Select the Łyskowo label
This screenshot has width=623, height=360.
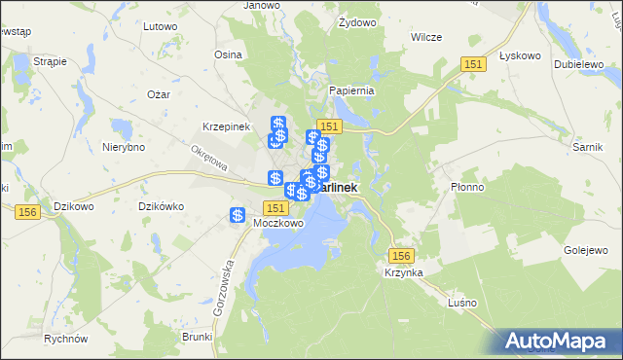coord(519,55)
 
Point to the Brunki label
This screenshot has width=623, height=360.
coord(197,337)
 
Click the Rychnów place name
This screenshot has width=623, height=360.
coord(66,340)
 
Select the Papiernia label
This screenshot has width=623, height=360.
coord(351,90)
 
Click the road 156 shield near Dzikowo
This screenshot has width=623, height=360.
coord(27,212)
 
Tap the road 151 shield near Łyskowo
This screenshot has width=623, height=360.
coord(472,63)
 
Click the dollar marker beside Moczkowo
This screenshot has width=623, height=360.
coord(237,215)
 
